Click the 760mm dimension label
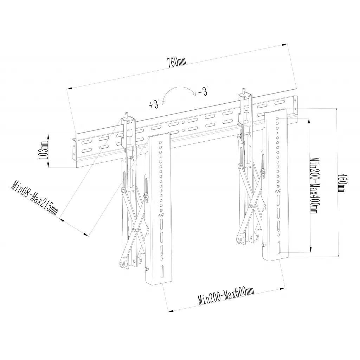176,62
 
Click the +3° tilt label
154,104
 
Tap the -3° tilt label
203,92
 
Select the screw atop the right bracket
243,90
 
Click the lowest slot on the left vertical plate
162,272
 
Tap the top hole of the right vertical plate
278,119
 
